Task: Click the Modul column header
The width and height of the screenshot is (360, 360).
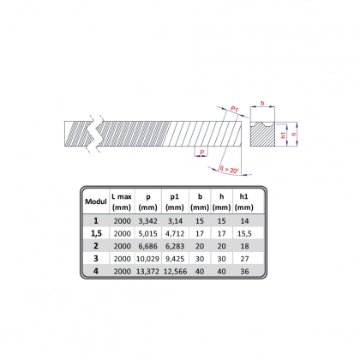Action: (96, 201)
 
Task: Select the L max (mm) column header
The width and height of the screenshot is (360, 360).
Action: (122, 201)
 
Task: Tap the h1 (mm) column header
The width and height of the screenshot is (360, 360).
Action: (243, 201)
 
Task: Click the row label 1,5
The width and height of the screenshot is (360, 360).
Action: (96, 233)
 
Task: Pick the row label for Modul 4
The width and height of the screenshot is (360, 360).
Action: (96, 271)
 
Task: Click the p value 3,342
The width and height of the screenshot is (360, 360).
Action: (147, 221)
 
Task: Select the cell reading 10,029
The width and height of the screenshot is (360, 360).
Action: (147, 259)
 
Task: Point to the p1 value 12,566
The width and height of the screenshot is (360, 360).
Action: (175, 271)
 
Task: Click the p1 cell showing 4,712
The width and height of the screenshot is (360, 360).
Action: (175, 233)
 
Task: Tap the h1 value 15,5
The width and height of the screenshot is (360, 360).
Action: (244, 233)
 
